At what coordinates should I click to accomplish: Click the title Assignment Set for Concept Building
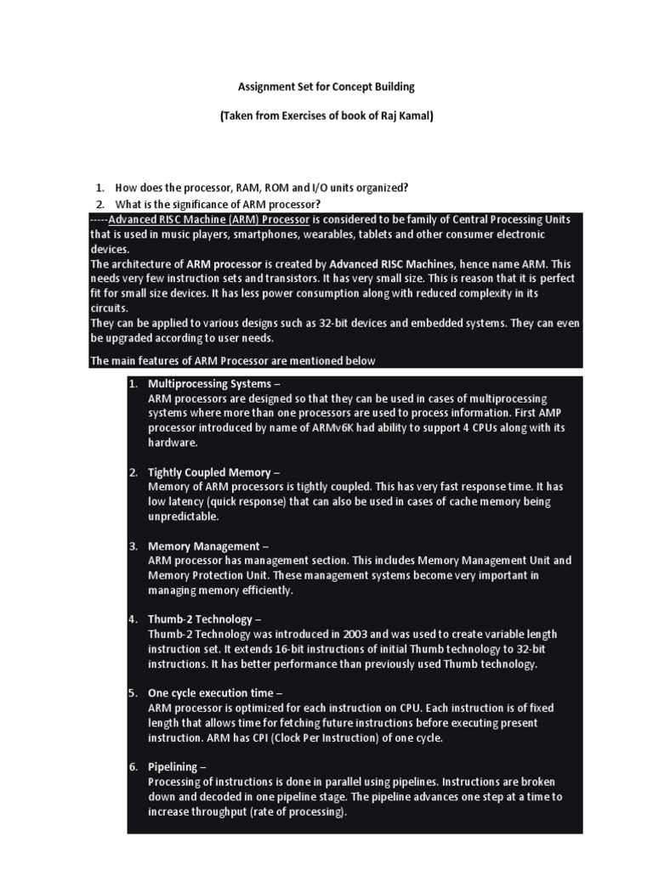tap(326, 87)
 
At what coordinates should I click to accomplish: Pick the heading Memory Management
tap(204, 545)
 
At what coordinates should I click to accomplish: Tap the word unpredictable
tap(183, 517)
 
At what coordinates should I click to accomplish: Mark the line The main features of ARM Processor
tap(233, 360)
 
